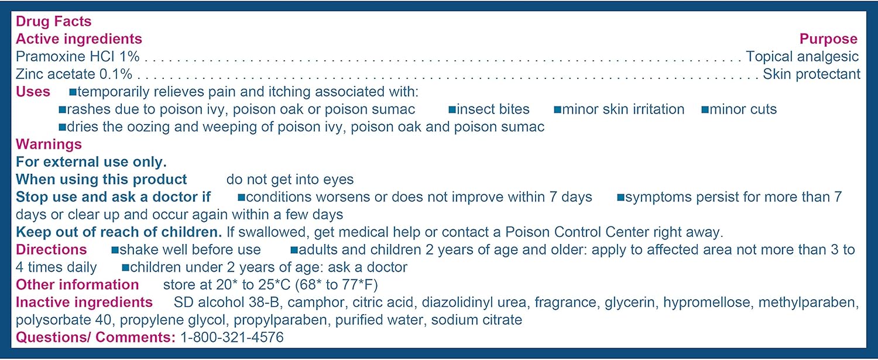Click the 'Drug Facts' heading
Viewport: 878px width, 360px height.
(54, 21)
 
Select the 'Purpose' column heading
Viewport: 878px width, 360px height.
(829, 39)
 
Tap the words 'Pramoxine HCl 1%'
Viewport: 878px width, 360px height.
(78, 56)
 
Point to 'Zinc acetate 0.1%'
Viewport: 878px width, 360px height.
(74, 74)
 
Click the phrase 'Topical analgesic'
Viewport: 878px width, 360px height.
(802, 56)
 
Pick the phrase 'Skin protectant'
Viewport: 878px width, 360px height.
(811, 74)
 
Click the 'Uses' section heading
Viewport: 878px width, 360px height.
(33, 92)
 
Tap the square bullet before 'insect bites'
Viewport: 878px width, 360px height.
(452, 109)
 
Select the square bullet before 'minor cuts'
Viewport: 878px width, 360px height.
(705, 109)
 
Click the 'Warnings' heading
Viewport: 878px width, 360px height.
(49, 145)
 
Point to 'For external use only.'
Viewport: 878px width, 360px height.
(91, 162)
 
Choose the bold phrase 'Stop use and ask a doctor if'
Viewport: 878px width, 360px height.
(114, 197)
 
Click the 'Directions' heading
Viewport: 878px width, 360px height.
(52, 250)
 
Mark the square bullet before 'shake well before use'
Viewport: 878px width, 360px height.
(115, 250)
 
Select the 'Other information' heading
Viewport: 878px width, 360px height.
(78, 284)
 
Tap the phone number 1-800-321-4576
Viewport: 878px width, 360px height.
(232, 337)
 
